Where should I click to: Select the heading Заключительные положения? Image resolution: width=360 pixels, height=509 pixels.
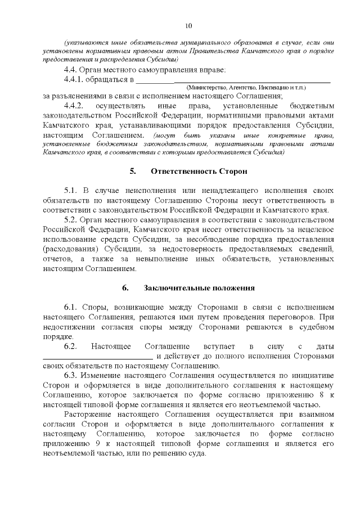coord(199,288)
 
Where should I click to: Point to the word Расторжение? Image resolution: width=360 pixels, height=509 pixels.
coord(88,415)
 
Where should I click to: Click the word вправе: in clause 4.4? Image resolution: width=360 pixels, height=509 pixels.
coord(210,70)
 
